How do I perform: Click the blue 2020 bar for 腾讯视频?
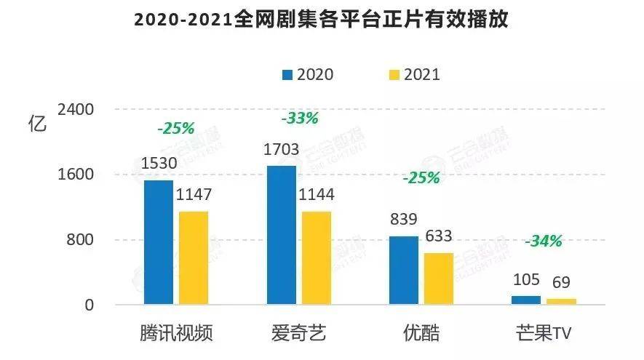[159, 242]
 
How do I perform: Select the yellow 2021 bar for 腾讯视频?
[194, 257]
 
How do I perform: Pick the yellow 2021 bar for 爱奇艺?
[317, 257]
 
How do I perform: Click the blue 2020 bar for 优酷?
[404, 270]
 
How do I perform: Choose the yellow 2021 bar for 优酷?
[439, 279]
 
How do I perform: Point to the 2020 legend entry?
[308, 74]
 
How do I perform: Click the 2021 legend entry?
[414, 74]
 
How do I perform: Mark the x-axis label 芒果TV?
[541, 333]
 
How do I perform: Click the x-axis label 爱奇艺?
[298, 333]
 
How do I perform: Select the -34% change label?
[544, 241]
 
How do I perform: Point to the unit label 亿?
[36, 122]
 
